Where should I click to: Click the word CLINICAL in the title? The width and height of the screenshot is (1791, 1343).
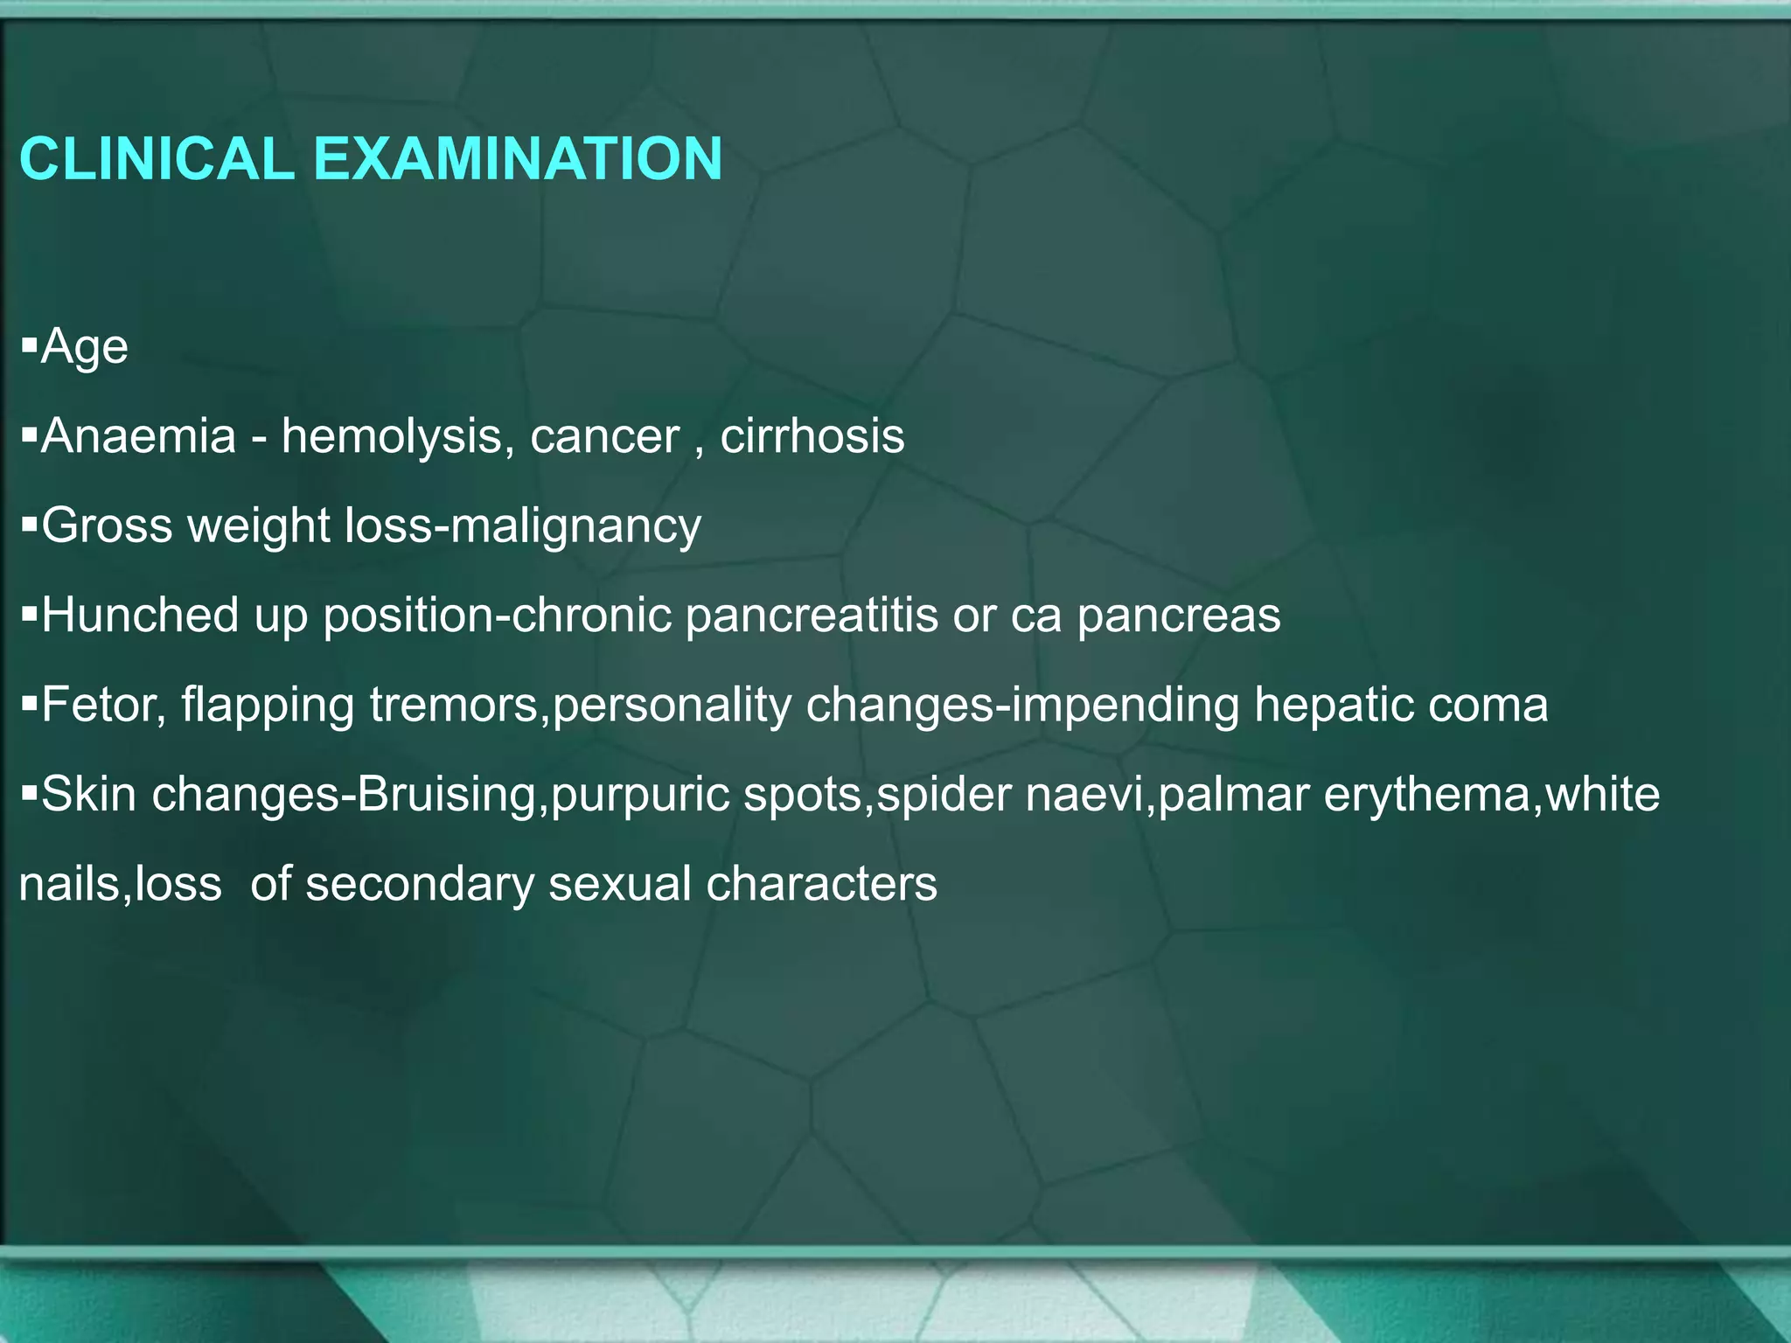coord(157,159)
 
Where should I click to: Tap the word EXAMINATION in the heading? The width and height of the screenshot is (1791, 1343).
coord(517,159)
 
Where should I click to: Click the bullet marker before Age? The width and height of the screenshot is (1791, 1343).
coord(29,345)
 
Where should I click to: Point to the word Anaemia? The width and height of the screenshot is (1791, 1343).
coord(139,435)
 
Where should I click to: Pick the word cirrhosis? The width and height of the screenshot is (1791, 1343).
coord(812,435)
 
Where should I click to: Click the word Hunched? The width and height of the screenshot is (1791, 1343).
coord(140,615)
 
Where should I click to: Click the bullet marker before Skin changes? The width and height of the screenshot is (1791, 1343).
coord(29,792)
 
